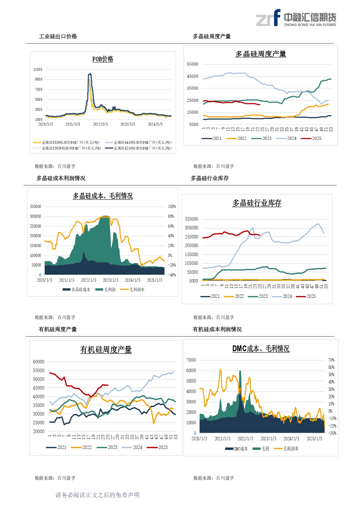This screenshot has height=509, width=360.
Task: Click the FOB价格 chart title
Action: coord(103,59)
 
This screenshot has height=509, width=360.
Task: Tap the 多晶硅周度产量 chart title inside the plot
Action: coord(260,54)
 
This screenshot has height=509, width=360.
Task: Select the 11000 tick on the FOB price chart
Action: coord(38,70)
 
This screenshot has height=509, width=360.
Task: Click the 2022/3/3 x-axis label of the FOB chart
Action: coord(100,124)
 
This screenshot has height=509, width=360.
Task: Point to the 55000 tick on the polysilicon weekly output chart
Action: coord(193,64)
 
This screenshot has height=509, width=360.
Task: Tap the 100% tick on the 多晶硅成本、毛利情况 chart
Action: coord(172,207)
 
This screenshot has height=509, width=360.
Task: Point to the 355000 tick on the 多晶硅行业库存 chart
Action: coord(191,219)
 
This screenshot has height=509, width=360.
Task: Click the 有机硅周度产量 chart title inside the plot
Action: coord(106,350)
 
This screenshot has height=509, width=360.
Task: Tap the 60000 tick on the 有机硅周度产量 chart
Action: coord(39,362)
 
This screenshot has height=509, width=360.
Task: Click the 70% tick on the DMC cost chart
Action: coord(331,360)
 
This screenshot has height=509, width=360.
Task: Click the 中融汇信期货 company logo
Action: coord(296,18)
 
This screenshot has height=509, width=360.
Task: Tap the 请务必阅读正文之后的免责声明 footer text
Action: coord(97,495)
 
